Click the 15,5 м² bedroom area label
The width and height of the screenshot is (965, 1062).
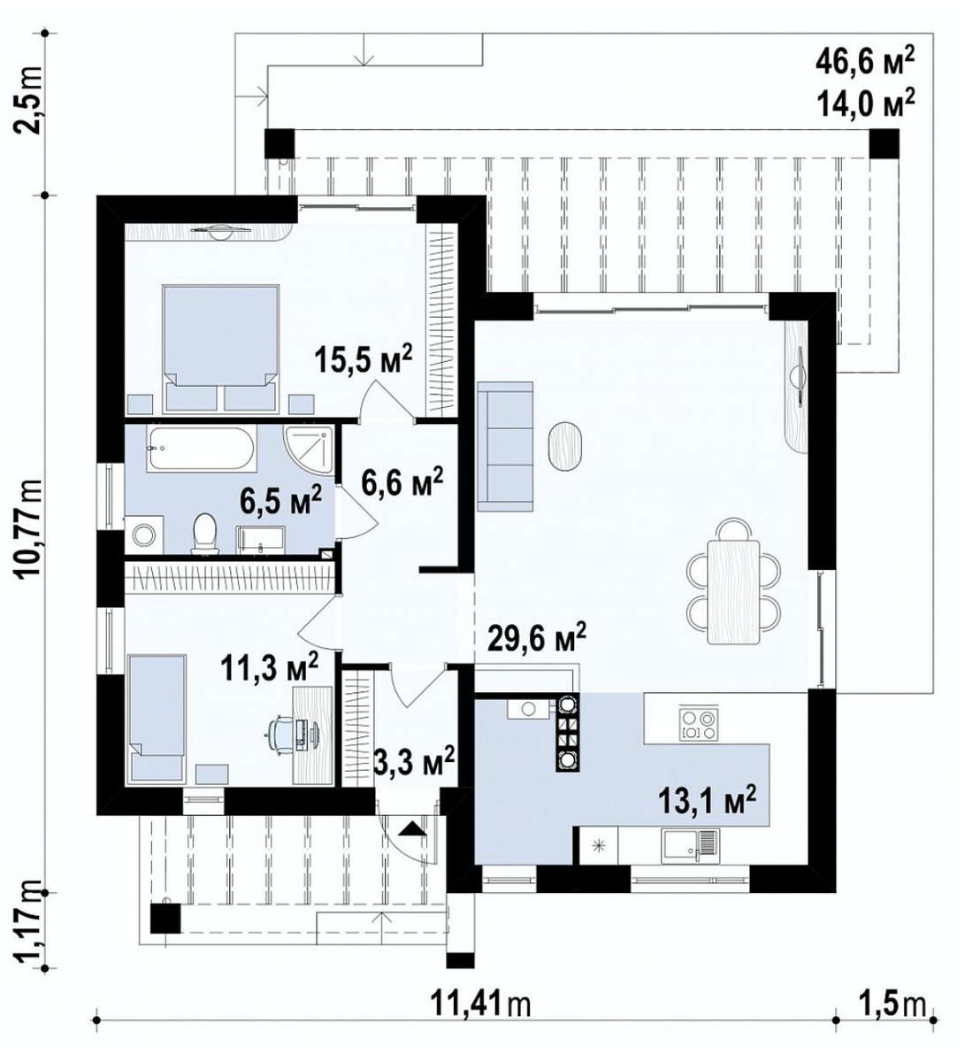[x=363, y=360]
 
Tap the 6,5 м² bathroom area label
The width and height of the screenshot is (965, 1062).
[x=280, y=499]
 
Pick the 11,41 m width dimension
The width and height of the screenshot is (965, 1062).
[x=479, y=1001]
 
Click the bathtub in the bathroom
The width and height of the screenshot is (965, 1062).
[x=201, y=450]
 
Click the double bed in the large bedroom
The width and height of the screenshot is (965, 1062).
[x=220, y=348]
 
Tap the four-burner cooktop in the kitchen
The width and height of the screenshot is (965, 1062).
[x=698, y=723]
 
